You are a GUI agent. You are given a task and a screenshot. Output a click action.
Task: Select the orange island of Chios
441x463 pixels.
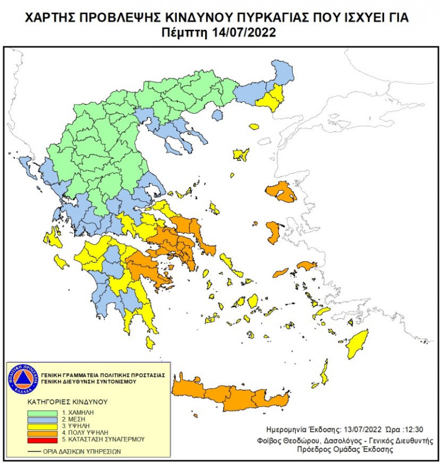pos(273,232)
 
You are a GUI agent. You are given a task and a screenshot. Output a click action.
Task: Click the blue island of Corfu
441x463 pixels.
pos(25,164)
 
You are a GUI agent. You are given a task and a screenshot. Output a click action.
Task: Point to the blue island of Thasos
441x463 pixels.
pos(218,115)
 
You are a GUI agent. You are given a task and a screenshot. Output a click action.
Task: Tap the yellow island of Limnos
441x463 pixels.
pos(241,154)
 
